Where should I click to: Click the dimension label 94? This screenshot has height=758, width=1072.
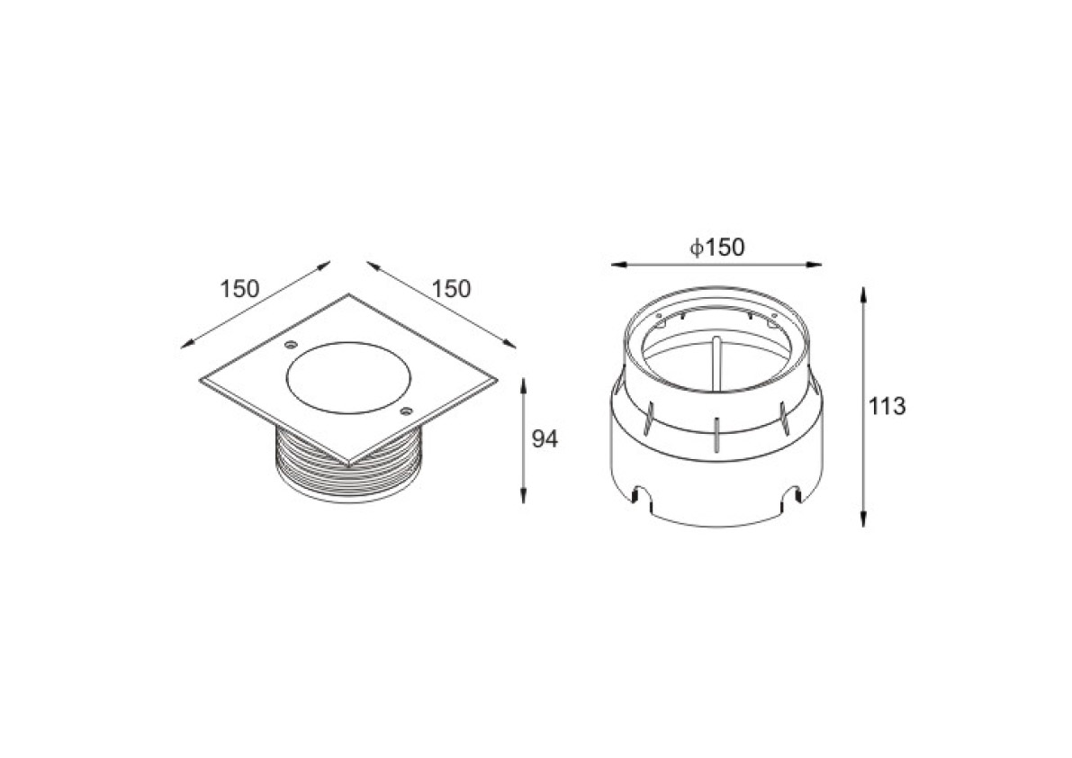(545, 439)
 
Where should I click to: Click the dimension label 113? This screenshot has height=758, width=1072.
(887, 407)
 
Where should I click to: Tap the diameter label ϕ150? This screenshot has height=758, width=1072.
(716, 247)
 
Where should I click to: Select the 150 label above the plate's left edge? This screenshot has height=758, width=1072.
(239, 289)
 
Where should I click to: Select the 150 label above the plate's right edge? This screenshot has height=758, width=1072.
(451, 289)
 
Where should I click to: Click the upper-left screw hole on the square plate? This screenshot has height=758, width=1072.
(291, 343)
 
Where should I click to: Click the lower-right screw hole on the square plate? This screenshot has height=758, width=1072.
(406, 411)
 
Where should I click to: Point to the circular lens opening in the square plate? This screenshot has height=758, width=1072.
(348, 378)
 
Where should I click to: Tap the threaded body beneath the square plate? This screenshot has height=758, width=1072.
(348, 472)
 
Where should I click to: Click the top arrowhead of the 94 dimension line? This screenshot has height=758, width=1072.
(523, 384)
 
